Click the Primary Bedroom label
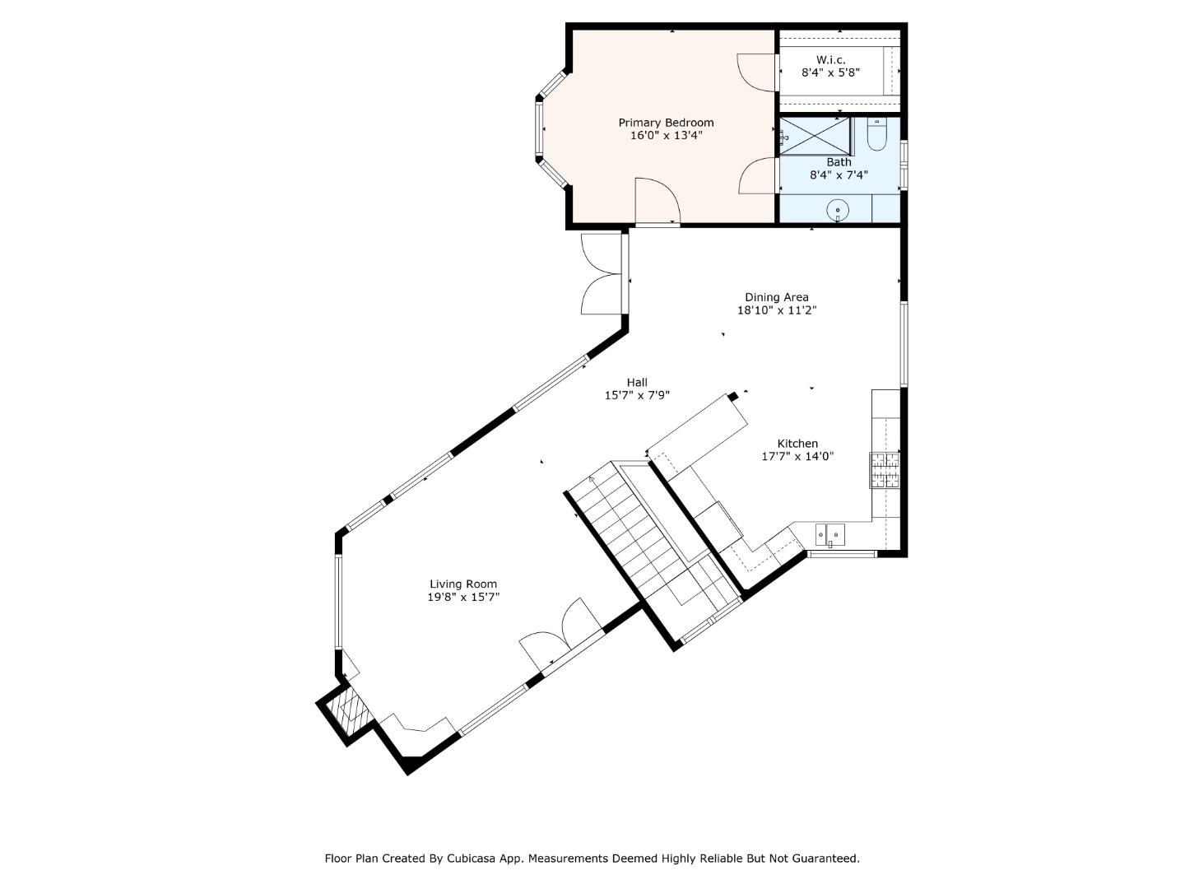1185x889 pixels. click(666, 123)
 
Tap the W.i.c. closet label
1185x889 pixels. click(830, 60)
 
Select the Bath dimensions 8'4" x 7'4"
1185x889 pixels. click(839, 175)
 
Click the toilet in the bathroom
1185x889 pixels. click(876, 136)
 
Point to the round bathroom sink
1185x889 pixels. click(838, 210)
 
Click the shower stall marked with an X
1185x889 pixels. click(815, 135)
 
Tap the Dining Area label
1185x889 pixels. click(776, 297)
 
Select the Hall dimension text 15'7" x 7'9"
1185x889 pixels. click(637, 395)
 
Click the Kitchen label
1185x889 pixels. click(797, 444)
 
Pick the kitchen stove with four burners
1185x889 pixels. click(885, 470)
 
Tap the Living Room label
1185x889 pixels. click(463, 584)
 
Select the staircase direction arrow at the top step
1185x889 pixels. click(592, 479)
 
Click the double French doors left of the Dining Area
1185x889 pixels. click(603, 274)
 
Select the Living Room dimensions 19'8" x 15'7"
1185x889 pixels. click(463, 598)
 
